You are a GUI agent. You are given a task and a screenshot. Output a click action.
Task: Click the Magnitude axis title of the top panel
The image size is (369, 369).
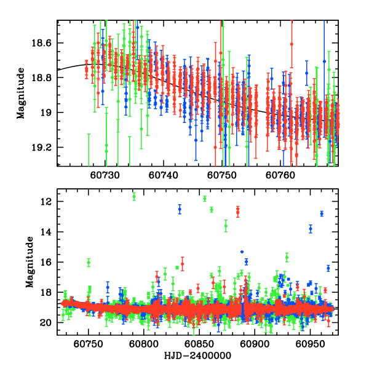(x=21, y=93)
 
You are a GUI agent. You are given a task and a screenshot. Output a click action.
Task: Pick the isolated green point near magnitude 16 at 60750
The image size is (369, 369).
(x=89, y=262)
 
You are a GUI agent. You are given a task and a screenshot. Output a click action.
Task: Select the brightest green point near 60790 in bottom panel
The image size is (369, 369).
(x=134, y=196)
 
